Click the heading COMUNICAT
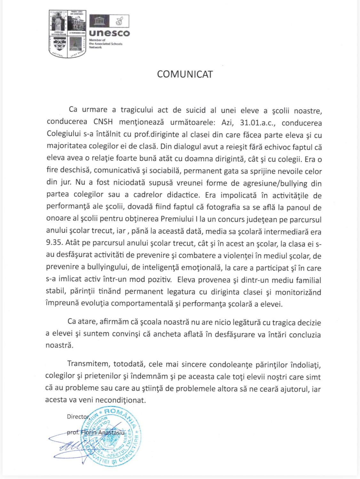click(x=185, y=74)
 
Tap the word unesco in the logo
click(x=110, y=33)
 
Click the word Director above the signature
click(x=78, y=417)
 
